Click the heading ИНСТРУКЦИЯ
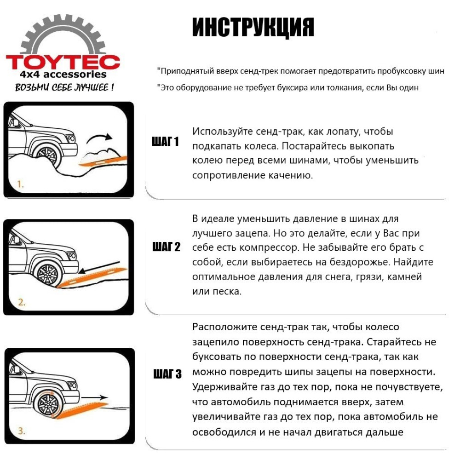[253, 28]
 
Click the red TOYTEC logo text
[63, 62]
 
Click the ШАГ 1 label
[165, 142]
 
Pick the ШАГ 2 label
[166, 247]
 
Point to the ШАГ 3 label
[167, 374]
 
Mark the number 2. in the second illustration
[22, 303]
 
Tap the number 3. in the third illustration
[22, 431]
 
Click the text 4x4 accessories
[63, 75]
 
